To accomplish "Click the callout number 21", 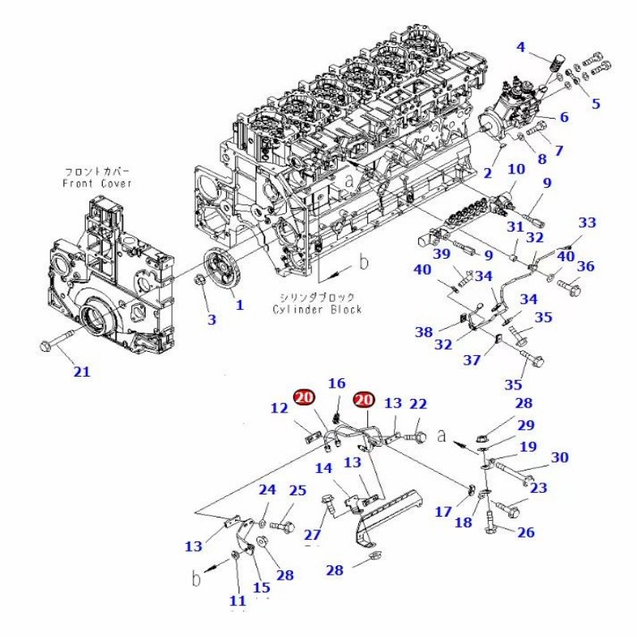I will (83, 370).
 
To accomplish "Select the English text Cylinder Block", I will (317, 309).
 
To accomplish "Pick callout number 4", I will (521, 47).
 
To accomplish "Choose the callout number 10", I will (516, 169).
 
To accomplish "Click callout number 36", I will (585, 267).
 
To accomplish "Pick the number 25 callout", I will (297, 490).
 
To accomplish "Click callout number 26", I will (526, 533).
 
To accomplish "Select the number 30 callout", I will (560, 457).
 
